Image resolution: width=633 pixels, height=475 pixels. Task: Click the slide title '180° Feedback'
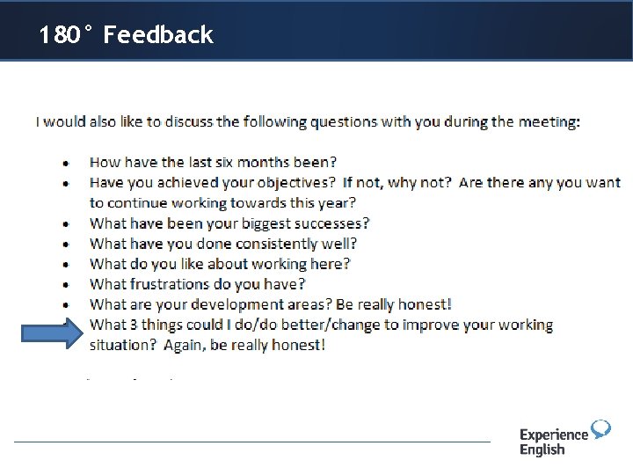click(x=126, y=35)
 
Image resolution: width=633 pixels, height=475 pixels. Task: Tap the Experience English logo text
click(x=553, y=442)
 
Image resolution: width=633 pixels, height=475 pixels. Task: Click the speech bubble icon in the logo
click(x=600, y=429)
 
